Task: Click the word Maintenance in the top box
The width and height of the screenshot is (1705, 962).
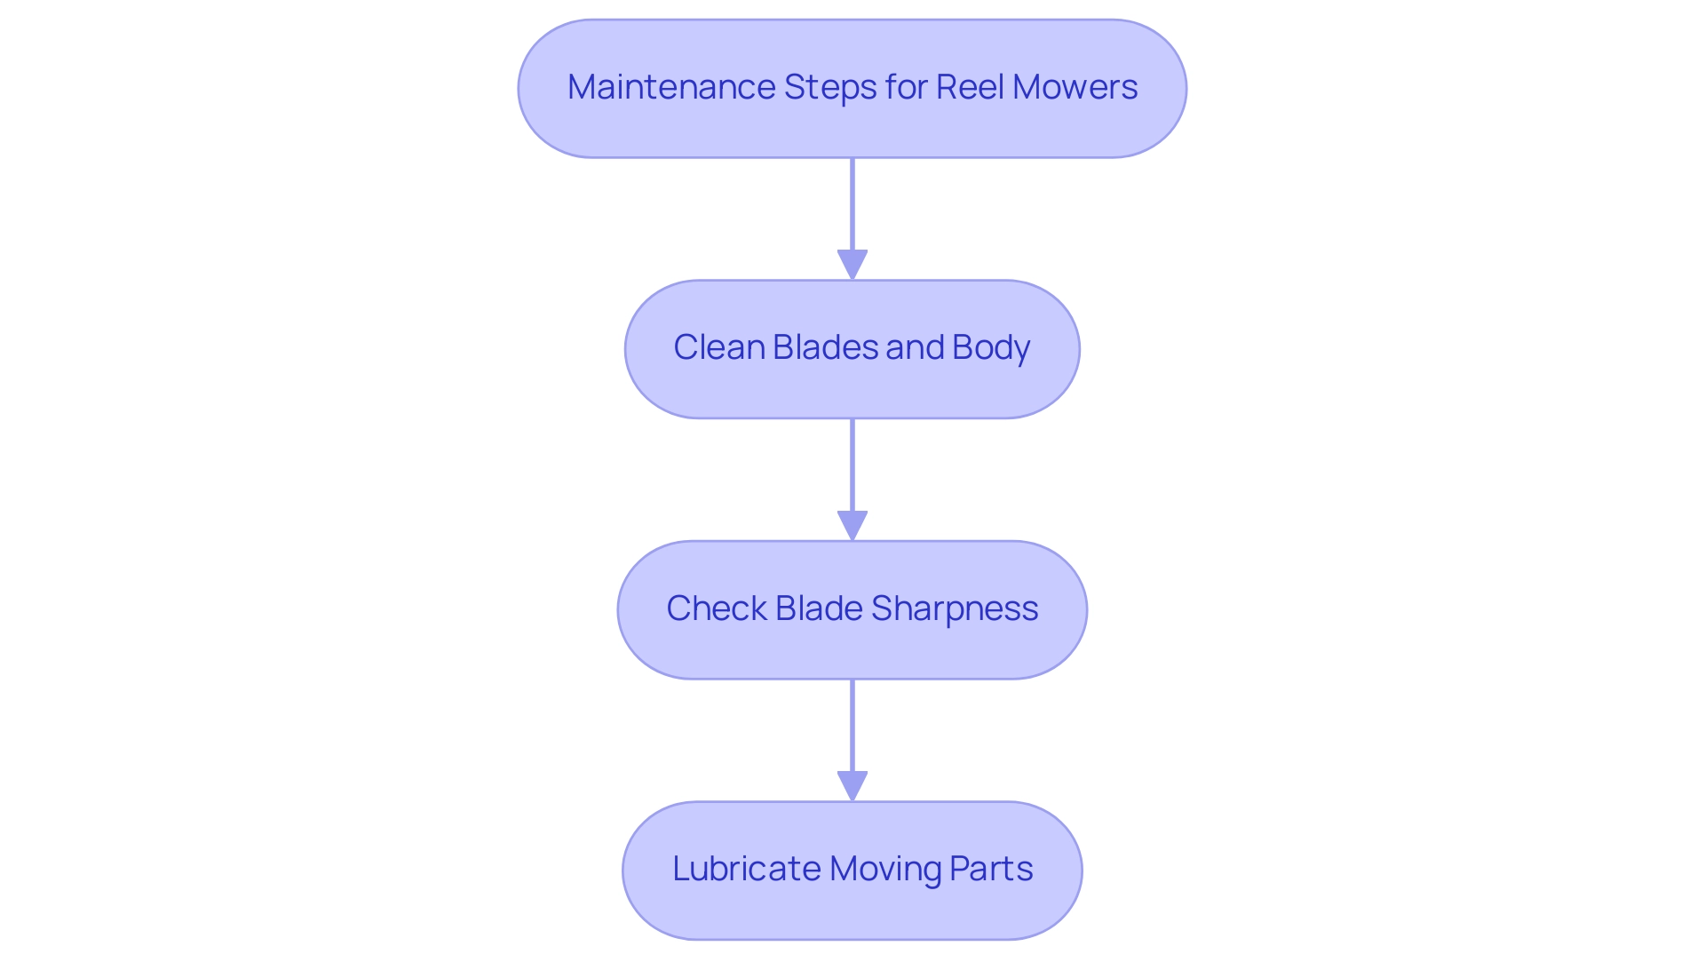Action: click(x=670, y=87)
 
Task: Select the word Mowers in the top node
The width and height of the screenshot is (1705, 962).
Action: click(x=1075, y=87)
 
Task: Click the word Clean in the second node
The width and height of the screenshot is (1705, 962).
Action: click(x=718, y=347)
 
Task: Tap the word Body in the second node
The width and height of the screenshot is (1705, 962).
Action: click(x=991, y=347)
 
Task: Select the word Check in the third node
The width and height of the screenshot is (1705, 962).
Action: click(x=716, y=608)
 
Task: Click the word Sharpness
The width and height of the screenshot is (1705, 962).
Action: click(x=955, y=609)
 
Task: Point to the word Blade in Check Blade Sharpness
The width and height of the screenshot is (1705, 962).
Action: click(x=818, y=608)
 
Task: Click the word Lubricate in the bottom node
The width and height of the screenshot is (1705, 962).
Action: click(x=746, y=869)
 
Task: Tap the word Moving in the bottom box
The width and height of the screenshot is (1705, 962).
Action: click(x=884, y=870)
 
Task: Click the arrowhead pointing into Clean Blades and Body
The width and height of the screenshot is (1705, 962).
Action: click(x=852, y=265)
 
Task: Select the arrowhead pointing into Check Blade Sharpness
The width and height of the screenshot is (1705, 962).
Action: click(x=852, y=525)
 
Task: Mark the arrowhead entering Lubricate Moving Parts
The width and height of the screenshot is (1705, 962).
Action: click(x=852, y=785)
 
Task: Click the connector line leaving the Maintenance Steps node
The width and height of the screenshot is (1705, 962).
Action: click(x=852, y=204)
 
